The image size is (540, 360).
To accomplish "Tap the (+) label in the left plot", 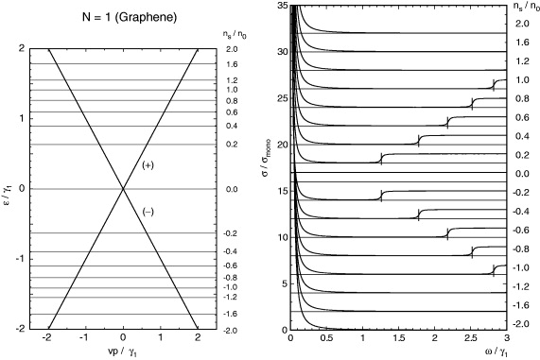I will click(148, 164).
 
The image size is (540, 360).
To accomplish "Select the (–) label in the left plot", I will click(148, 211).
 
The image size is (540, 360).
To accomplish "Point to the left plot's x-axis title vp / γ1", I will click(123, 352).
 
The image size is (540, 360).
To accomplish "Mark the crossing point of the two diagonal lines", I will click(123, 189).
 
